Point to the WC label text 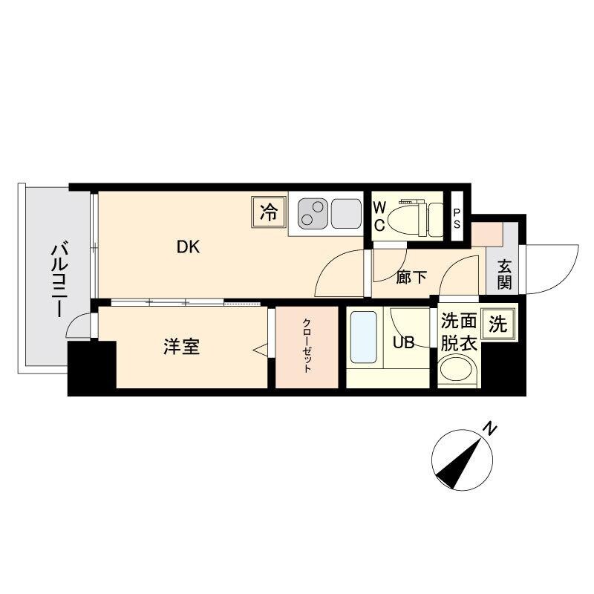[x=379, y=216]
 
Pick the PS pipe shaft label [x=457, y=218]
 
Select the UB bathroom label [x=403, y=342]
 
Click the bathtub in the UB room [x=363, y=339]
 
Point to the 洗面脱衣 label [x=458, y=332]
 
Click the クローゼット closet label [x=306, y=346]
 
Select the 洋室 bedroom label [x=181, y=346]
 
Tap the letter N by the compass [x=489, y=428]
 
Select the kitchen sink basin [x=346, y=213]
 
